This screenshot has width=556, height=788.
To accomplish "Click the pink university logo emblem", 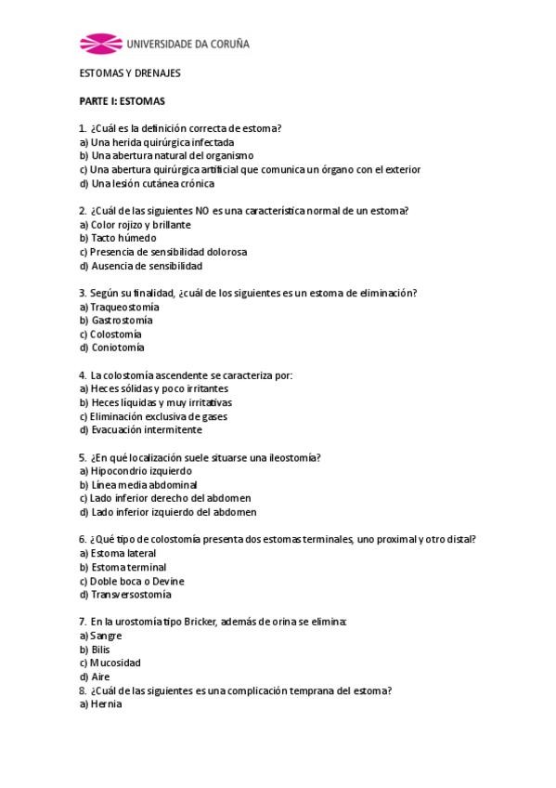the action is pos(100,43).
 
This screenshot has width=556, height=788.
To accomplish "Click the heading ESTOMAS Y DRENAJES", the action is pos(130,72).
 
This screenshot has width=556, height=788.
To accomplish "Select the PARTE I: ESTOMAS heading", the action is pos(123,100).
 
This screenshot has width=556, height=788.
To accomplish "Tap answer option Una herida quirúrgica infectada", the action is pos(156,142).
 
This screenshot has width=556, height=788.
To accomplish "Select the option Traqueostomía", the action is pos(120,307).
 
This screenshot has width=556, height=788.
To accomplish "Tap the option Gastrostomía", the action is pos(117,320).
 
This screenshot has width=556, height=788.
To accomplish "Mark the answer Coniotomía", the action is pos(112,348).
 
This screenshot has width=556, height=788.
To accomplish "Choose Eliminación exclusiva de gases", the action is pos(153,416).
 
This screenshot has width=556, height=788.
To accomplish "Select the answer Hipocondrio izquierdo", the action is pos(136,471).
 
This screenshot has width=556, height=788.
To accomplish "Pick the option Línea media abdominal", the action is pos(138,484).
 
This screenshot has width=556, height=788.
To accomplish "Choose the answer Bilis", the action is pos(95,650).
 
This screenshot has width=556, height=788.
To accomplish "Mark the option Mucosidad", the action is pos(110,663).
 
